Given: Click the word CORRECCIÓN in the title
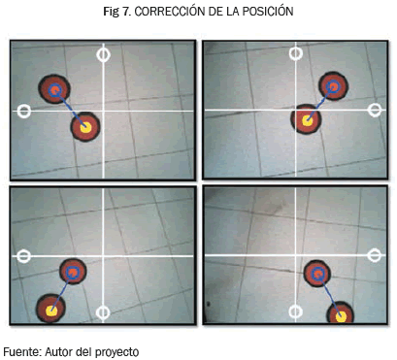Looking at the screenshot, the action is pyautogui.click(x=169, y=12).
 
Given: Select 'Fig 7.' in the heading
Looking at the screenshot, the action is pyautogui.click(x=116, y=12).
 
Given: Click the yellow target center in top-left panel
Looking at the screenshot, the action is pyautogui.click(x=85, y=127).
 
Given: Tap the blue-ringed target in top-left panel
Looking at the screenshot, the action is pyautogui.click(x=54, y=89).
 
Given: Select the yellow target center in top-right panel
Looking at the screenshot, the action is pyautogui.click(x=307, y=121).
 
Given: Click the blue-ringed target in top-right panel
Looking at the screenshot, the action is pyautogui.click(x=333, y=86).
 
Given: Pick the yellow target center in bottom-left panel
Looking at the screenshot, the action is pyautogui.click(x=51, y=311).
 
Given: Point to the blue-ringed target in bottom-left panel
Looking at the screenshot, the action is pyautogui.click(x=73, y=272).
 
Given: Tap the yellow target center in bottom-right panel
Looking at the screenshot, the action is pyautogui.click(x=341, y=317).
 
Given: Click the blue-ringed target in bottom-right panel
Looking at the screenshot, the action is pyautogui.click(x=317, y=274).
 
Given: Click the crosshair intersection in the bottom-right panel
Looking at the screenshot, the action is pyautogui.click(x=295, y=255).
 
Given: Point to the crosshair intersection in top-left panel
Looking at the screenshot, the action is pyautogui.click(x=103, y=111).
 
